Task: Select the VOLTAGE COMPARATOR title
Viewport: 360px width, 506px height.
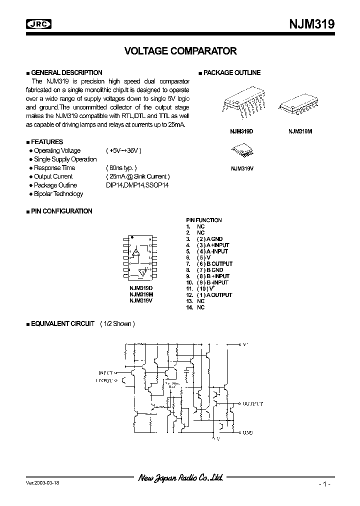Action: [x=180, y=51]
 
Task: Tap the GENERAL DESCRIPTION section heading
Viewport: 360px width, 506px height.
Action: [x=66, y=72]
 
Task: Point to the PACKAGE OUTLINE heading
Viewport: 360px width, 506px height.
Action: [x=231, y=72]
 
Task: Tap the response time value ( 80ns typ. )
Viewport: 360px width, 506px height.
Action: [x=121, y=168]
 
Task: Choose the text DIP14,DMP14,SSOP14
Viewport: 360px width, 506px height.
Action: [x=137, y=185]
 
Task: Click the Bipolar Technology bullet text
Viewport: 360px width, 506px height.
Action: [x=58, y=194]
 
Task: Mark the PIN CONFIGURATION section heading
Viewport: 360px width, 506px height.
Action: [x=61, y=211]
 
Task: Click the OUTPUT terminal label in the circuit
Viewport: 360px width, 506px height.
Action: [x=253, y=403]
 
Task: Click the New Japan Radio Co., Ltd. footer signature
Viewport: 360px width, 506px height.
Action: [x=180, y=478]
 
